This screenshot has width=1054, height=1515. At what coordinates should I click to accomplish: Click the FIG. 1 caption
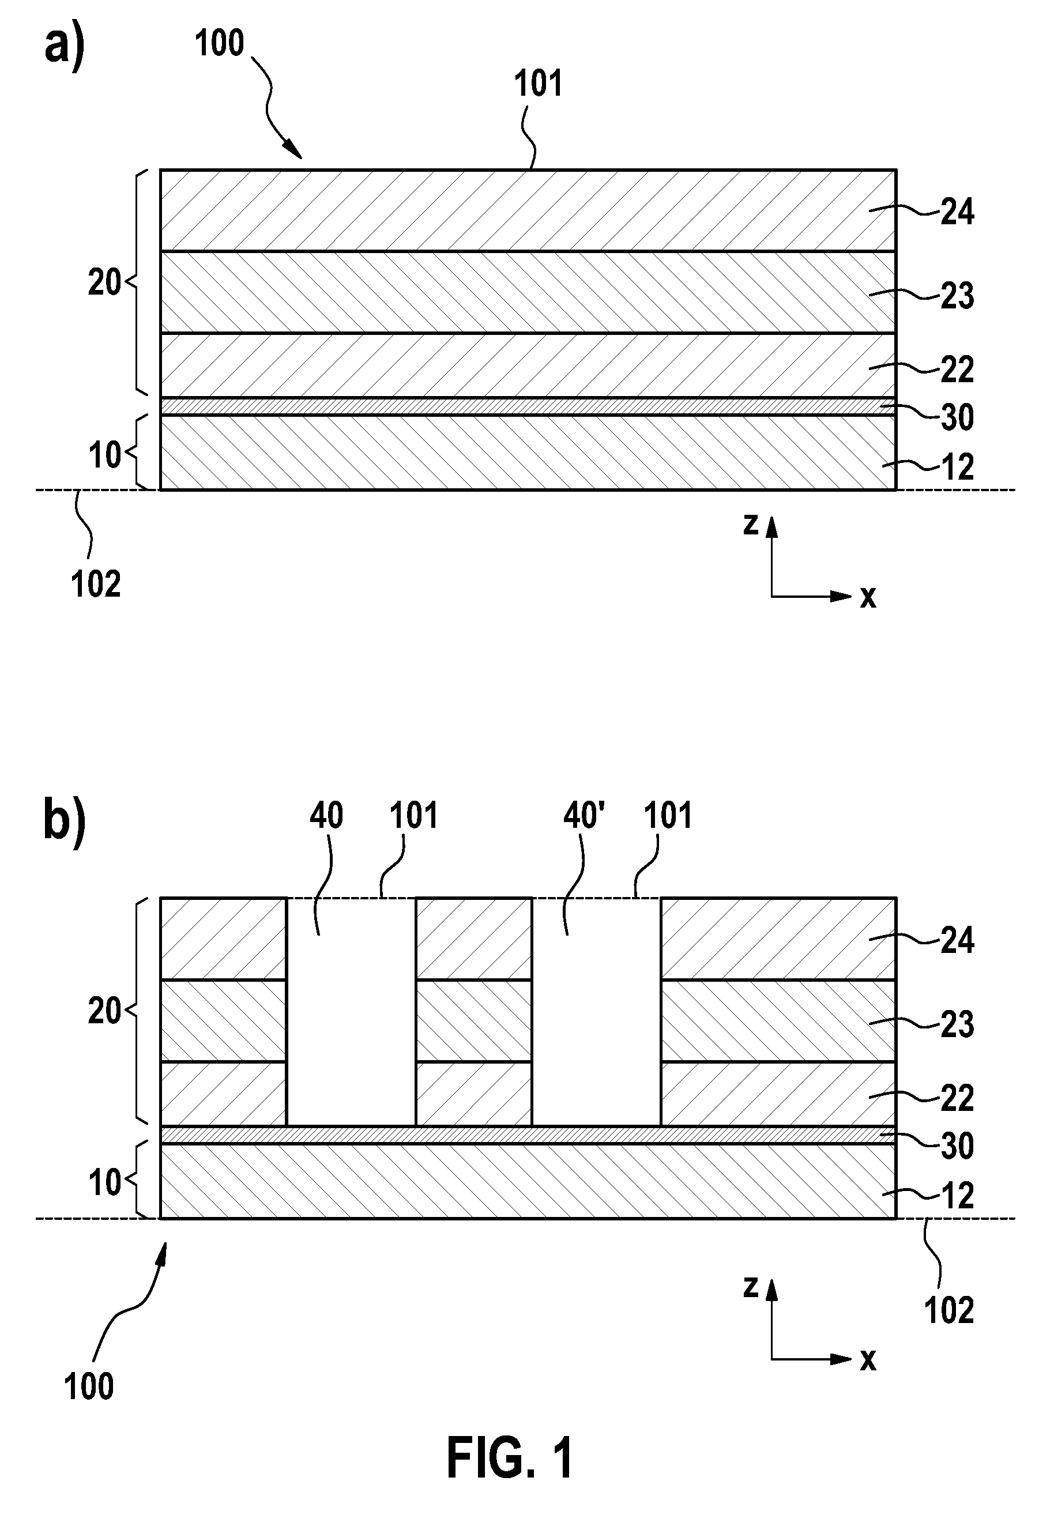point(510,1459)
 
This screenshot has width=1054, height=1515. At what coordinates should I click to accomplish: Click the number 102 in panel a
point(96,585)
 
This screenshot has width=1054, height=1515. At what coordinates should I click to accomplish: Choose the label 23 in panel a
point(957,296)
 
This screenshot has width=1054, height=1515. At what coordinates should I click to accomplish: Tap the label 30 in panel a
point(957,418)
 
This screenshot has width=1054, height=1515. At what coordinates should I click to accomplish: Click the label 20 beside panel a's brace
point(105,283)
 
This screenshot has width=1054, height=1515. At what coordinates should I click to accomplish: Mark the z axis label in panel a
point(750,525)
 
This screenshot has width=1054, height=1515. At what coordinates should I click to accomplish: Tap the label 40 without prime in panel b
point(327,816)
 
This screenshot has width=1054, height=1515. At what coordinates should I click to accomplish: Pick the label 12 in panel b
point(957,1196)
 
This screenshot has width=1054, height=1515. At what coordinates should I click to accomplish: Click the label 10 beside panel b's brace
point(105,1182)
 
